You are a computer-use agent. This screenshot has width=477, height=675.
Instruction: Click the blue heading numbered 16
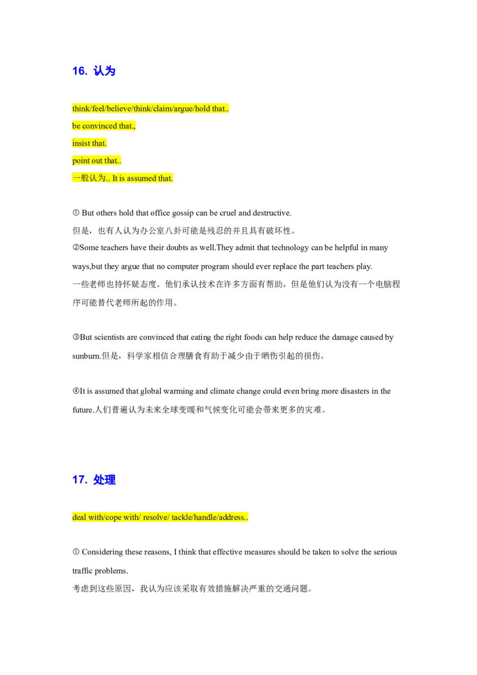tap(94, 70)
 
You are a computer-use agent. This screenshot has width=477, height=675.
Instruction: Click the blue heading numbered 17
tap(95, 479)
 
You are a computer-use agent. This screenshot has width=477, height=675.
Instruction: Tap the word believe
tap(119, 109)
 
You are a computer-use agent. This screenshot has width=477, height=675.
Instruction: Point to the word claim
tap(162, 109)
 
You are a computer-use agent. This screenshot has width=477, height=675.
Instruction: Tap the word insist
tap(80, 143)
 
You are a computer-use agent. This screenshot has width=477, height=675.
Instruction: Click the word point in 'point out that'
tap(80, 160)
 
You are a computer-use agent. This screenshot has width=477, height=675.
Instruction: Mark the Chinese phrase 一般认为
tap(88, 178)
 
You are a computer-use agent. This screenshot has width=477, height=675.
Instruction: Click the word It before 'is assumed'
tap(115, 178)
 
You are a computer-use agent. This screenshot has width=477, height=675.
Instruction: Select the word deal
tap(79, 517)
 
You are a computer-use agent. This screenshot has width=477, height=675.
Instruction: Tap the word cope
tap(113, 517)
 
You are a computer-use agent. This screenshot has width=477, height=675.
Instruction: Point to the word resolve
tap(155, 517)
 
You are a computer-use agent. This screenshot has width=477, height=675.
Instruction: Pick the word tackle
tap(181, 517)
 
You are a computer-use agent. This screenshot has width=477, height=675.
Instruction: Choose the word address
tap(231, 517)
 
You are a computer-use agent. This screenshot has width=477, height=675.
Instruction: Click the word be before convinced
tap(76, 126)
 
